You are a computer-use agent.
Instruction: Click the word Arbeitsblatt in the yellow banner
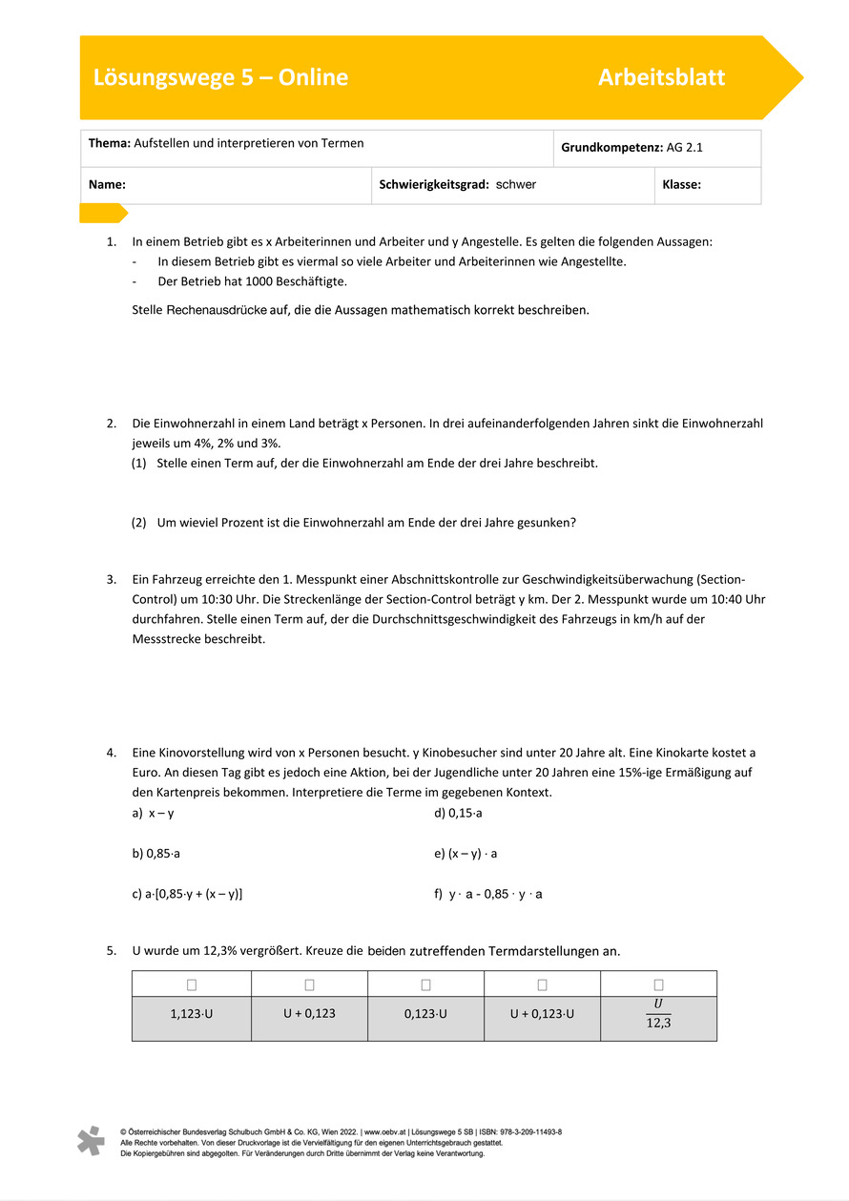coord(661,78)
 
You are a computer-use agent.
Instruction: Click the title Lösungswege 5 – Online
coord(220,78)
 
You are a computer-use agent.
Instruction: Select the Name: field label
coord(108,185)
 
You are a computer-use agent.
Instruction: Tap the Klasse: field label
coord(681,185)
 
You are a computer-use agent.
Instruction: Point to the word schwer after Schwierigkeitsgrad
coord(516,185)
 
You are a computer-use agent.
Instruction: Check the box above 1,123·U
coord(192,984)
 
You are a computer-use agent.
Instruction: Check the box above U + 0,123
coord(309,984)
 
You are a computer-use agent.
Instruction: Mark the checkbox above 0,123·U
coord(425,984)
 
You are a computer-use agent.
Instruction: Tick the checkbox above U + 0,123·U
coord(542,984)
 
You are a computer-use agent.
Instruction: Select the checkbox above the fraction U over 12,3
coord(658,984)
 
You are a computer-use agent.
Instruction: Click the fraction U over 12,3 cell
coord(658,1018)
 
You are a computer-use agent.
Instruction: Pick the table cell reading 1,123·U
coord(192,1013)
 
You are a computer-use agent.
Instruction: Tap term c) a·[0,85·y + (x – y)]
coord(187,894)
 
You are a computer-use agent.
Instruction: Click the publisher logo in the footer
coord(91,1141)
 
